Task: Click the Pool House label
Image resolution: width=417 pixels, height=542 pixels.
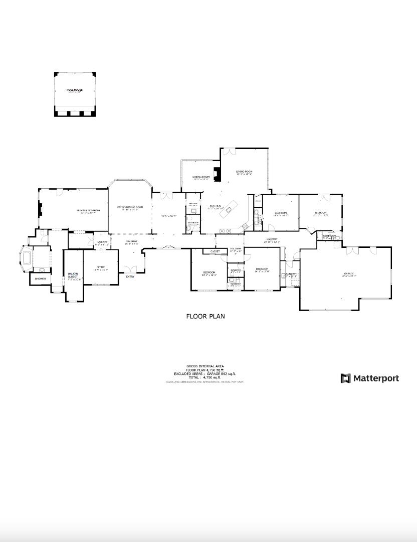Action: point(75,90)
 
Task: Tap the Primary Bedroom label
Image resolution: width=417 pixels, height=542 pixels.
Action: point(88,210)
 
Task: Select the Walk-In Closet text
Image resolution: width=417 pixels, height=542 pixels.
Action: point(73,275)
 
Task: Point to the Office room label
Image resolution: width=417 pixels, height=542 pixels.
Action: point(101,267)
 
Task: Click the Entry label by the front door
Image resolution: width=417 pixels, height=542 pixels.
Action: point(130,277)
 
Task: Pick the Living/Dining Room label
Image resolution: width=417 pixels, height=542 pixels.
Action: point(130,207)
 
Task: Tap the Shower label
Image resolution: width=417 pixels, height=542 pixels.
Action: point(40,279)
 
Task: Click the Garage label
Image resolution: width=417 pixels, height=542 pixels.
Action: point(349,274)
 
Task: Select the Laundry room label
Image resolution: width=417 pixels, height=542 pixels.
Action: point(290,274)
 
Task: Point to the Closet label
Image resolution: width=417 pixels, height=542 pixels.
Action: point(215,251)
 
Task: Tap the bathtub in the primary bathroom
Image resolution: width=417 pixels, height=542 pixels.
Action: point(27,258)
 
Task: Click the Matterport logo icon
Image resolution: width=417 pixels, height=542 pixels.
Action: point(346,378)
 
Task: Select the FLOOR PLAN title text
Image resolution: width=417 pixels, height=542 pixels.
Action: point(205,317)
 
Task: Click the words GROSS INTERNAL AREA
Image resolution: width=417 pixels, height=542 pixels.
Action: point(205,367)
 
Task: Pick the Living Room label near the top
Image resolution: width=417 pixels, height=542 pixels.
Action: point(244,172)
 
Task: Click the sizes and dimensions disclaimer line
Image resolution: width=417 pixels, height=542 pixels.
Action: point(205,382)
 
